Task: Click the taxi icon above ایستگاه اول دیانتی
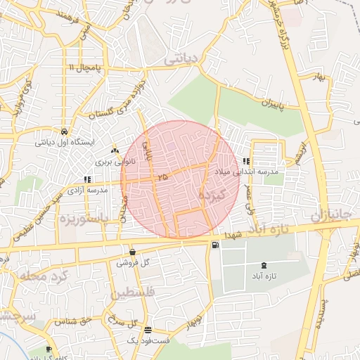pyautogui.click(x=64, y=131)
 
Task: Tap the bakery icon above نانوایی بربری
pyautogui.click(x=115, y=151)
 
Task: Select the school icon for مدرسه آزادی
pyautogui.click(x=86, y=179)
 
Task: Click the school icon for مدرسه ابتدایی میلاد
pyautogui.click(x=245, y=161)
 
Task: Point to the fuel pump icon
pyautogui.click(x=214, y=245)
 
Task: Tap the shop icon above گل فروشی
pyautogui.click(x=132, y=252)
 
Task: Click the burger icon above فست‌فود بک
pyautogui.click(x=147, y=330)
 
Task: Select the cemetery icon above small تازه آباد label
pyautogui.click(x=264, y=265)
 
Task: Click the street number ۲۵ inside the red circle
pyautogui.click(x=163, y=177)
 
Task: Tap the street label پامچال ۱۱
pyautogui.click(x=86, y=67)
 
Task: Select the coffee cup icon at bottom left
pyautogui.click(x=49, y=349)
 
